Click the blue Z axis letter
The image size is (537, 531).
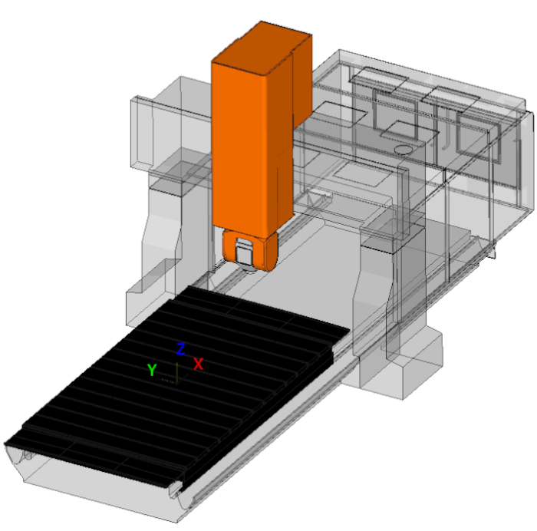coord(181,348)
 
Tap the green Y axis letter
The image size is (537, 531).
coord(152,370)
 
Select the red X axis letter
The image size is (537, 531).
coord(198,364)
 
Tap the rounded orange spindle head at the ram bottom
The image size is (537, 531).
coord(249,250)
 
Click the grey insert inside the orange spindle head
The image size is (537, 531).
coord(244,252)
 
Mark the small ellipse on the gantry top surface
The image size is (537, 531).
coord(403,150)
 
